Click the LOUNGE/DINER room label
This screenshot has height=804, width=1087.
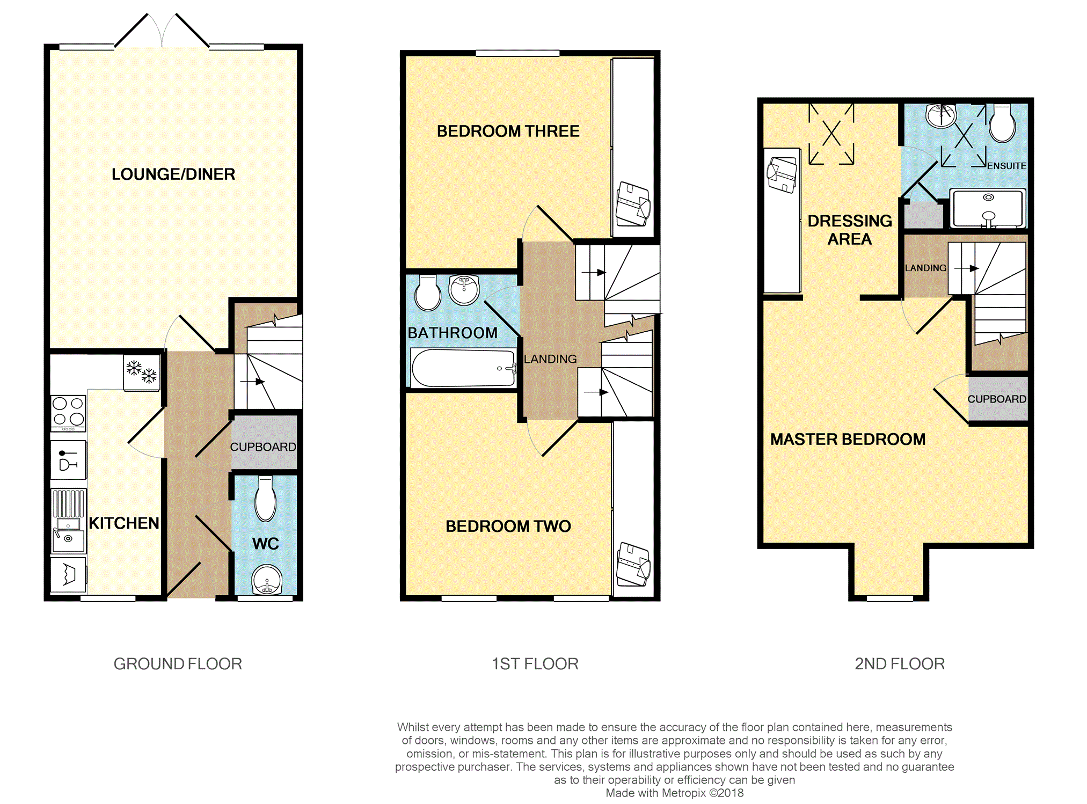pos(173,174)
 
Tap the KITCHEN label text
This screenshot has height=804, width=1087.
pos(124,523)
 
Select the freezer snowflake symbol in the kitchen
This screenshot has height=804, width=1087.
pos(142,371)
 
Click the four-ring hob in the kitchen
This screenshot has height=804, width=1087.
pos(68,413)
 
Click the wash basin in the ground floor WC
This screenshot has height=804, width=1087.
pos(267,580)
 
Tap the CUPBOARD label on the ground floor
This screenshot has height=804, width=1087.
pos(263,447)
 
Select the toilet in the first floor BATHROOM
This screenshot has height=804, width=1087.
pos(428,293)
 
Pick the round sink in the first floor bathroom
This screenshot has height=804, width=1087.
pos(464,290)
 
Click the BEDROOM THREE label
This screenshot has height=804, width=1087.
pos(508,131)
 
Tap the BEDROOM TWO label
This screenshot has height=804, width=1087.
pos(508,527)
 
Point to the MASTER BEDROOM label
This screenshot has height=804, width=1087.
pos(848,440)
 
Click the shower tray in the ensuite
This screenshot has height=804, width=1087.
pos(988,208)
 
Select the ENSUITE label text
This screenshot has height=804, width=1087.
pos(1006,166)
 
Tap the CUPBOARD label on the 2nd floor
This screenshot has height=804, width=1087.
pos(997,399)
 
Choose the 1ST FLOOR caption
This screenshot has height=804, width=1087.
pos(535,664)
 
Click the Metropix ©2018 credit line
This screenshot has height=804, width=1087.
pos(675,793)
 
